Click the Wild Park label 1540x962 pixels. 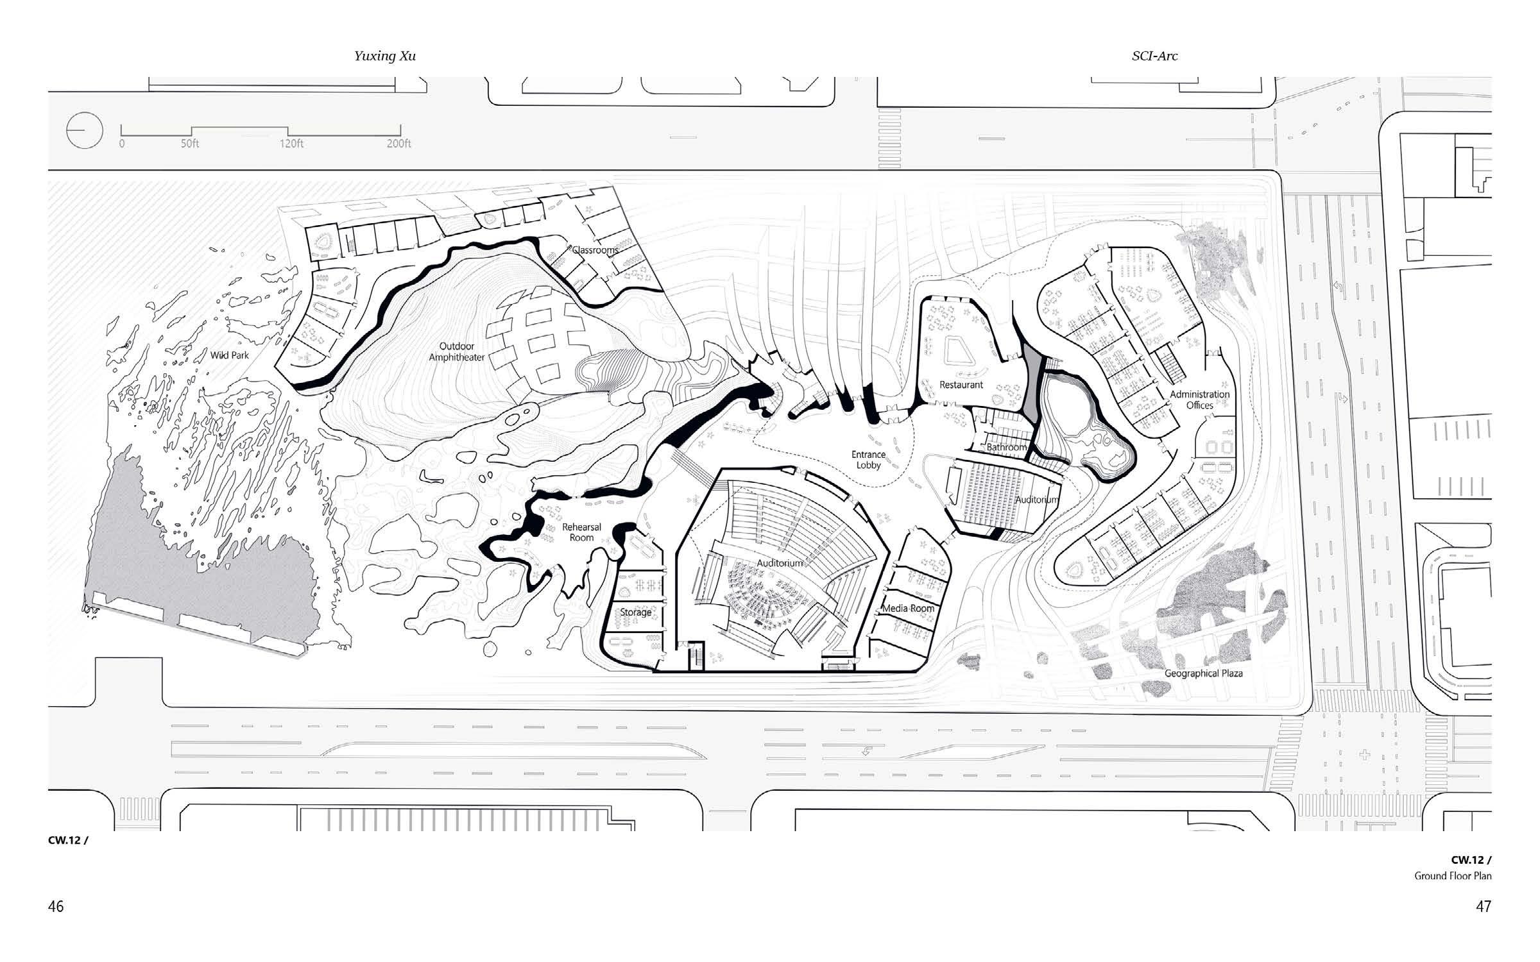[x=229, y=355]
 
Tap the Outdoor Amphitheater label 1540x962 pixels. [x=456, y=352]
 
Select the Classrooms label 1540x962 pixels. [x=595, y=250]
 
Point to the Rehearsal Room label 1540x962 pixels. [x=581, y=532]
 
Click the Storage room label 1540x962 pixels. [x=635, y=612]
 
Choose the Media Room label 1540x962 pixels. [x=908, y=608]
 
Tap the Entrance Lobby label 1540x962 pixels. [x=868, y=460]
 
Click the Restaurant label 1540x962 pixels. [x=961, y=385]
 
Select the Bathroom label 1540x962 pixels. [x=1006, y=447]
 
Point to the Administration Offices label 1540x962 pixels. [x=1199, y=400]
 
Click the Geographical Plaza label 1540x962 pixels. [x=1203, y=673]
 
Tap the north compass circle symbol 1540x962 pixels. [x=85, y=130]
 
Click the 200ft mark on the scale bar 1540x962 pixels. [x=399, y=144]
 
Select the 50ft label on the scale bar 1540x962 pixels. [x=190, y=144]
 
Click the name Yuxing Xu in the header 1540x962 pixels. [x=385, y=56]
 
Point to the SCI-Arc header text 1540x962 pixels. [x=1154, y=56]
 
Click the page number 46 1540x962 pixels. [x=56, y=906]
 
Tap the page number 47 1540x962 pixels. [x=1483, y=906]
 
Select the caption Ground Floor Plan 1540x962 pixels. [x=1453, y=876]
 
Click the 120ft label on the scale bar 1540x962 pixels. [x=291, y=144]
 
